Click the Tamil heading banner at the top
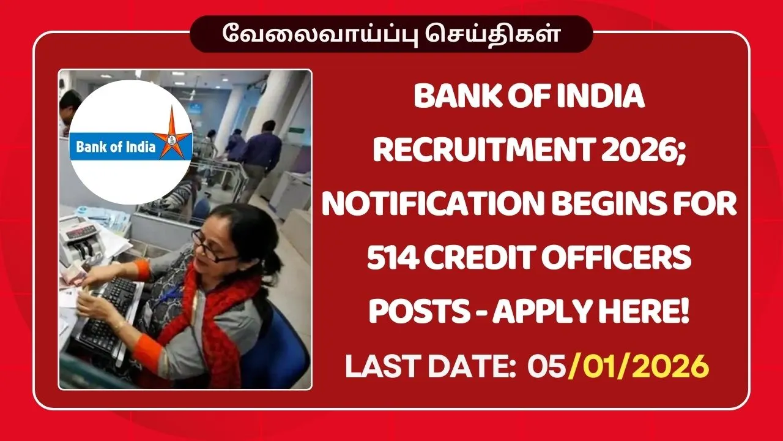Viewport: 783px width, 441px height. click(391, 34)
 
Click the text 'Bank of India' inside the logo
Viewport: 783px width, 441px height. click(115, 147)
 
